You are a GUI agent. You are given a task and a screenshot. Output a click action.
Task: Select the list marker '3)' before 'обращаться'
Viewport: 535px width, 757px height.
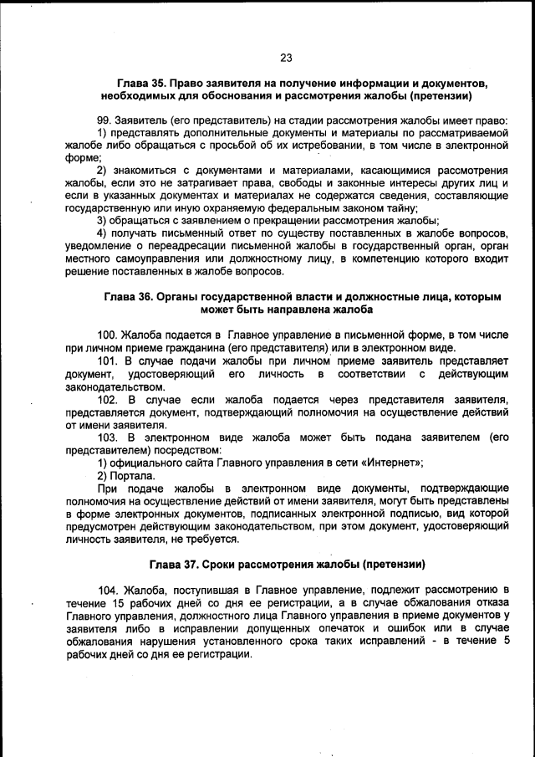click(104, 221)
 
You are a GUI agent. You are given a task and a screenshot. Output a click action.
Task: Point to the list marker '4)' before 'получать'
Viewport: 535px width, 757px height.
click(104, 233)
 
